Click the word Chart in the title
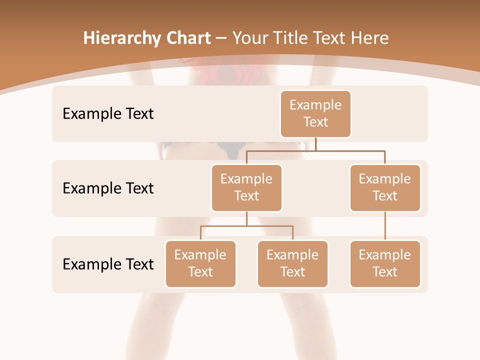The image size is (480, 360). [x=188, y=38]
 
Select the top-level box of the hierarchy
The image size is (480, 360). [x=315, y=113]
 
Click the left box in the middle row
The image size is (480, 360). [x=246, y=187]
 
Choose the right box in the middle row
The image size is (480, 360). [x=385, y=187]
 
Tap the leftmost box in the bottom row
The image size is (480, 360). [x=200, y=263]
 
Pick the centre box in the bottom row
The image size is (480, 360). [x=292, y=263]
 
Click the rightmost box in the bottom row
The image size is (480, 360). [x=385, y=263]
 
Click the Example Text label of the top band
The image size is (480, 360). [x=108, y=114]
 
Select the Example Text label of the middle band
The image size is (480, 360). [x=108, y=188]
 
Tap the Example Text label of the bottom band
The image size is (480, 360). [x=108, y=264]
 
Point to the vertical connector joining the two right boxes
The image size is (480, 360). [x=385, y=226]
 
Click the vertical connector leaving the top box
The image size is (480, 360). [x=315, y=144]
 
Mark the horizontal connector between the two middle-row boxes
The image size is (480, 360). [x=315, y=150]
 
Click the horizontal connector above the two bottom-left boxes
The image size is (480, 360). [x=246, y=226]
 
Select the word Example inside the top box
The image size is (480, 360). [x=315, y=105]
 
